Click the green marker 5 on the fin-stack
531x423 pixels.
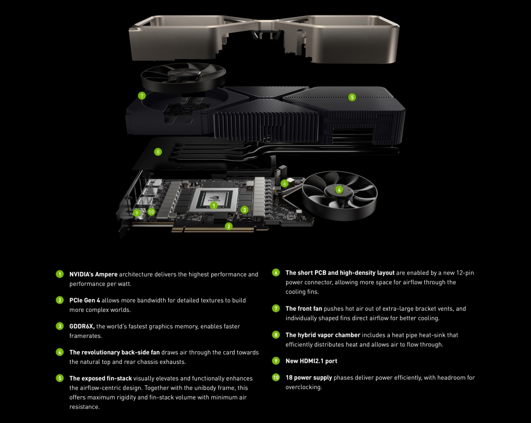(352, 97)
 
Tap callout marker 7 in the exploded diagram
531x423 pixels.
(142, 96)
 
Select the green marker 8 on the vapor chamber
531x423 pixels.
(158, 152)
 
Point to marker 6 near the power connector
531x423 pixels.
(285, 184)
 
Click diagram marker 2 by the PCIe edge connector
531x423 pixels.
(228, 226)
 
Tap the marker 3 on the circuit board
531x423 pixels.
(244, 210)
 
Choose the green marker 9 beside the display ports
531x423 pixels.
(137, 213)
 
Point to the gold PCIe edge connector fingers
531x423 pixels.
(212, 229)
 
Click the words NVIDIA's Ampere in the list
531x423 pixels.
(93, 275)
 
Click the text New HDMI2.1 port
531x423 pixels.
(311, 361)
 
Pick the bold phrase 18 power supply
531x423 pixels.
(309, 378)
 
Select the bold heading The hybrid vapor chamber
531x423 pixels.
(323, 335)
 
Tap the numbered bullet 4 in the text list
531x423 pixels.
(59, 352)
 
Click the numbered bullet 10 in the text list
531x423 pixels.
(276, 378)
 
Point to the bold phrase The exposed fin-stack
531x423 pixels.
(100, 378)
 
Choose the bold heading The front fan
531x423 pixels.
(303, 309)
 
